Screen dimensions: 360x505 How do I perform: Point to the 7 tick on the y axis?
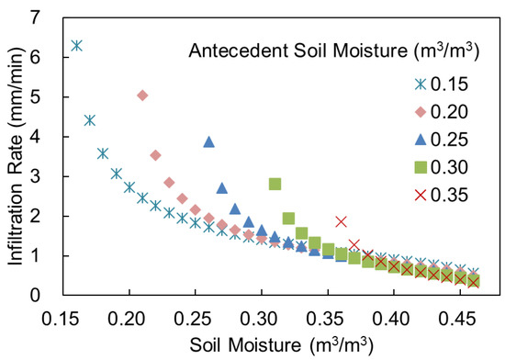tap(35, 17)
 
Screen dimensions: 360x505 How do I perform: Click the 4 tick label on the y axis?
tap(35, 137)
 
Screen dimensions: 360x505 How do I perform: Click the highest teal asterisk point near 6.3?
tap(76, 45)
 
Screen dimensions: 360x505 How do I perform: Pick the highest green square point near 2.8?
tap(275, 184)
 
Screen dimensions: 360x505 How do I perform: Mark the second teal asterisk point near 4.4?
tap(90, 120)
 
